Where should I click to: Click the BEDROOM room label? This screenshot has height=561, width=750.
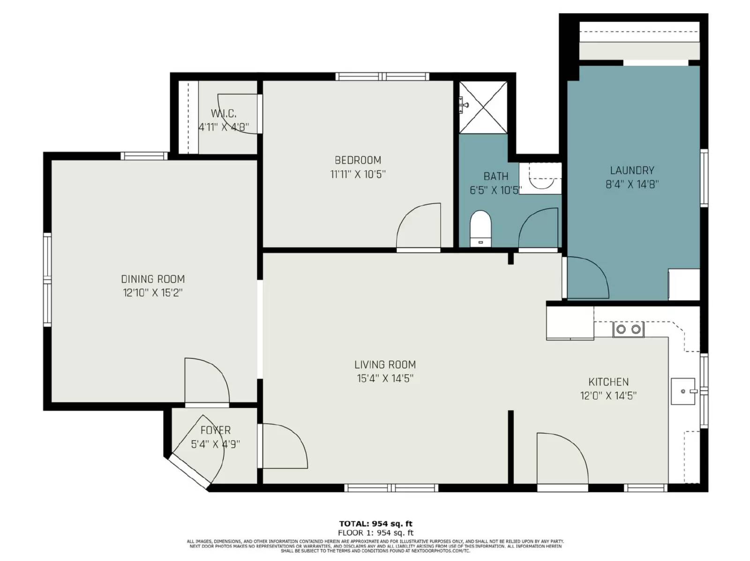(358, 160)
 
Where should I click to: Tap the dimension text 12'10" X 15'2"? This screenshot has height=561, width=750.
(153, 293)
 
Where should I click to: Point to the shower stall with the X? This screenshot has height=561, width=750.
(483, 107)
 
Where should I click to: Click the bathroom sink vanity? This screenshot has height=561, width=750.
(540, 178)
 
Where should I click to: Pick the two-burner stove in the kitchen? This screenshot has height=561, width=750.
(628, 329)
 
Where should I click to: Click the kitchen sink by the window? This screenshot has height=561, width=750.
(683, 391)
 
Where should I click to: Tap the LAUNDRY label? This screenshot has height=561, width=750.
(632, 170)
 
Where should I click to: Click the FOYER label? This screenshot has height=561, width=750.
(215, 430)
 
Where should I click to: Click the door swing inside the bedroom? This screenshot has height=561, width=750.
(418, 226)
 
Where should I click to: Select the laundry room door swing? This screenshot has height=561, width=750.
(587, 277)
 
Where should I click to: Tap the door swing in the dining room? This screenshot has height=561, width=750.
(206, 380)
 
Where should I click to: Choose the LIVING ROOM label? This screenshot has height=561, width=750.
(385, 364)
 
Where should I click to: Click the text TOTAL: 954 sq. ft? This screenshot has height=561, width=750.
(375, 524)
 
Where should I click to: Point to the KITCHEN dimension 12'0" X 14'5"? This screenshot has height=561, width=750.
(608, 396)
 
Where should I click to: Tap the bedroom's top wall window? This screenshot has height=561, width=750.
(382, 76)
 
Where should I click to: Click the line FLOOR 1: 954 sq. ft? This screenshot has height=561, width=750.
(375, 532)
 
